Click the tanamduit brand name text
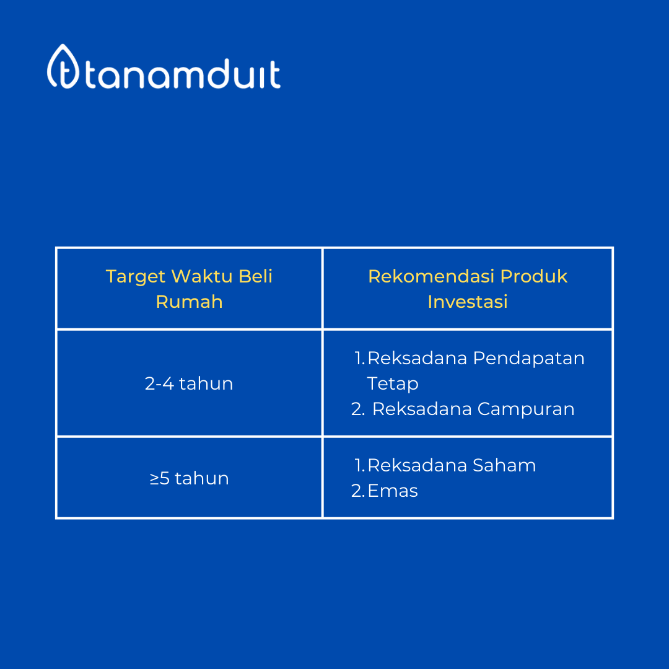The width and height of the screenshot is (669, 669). (183, 73)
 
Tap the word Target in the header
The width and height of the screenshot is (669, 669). (135, 277)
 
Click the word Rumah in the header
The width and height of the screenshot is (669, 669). (189, 302)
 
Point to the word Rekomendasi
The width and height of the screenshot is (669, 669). (431, 276)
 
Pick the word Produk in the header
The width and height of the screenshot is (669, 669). (533, 276)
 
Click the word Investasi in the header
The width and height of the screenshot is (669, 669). (468, 302)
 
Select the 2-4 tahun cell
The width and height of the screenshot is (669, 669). (189, 383)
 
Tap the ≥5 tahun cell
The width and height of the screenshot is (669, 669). (190, 478)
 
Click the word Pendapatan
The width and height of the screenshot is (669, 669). (528, 358)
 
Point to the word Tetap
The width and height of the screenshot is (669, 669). (393, 383)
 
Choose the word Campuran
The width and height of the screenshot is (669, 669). (526, 409)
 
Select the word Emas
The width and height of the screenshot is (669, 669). (393, 491)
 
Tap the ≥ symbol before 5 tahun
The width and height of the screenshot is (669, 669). (154, 479)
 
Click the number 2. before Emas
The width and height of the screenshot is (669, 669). (357, 491)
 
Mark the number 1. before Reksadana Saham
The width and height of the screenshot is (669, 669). (360, 465)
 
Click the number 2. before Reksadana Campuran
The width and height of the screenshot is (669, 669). (357, 409)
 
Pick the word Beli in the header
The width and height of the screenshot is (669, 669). (255, 276)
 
